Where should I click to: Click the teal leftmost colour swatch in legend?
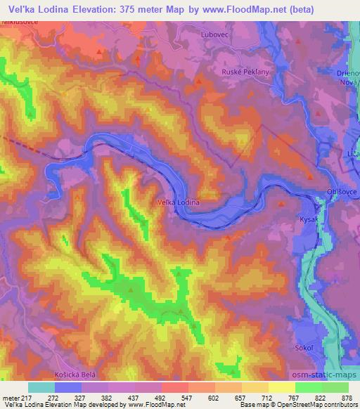pyautogui.click(x=41, y=387)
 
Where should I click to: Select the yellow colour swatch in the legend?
pyautogui.click(x=282, y=387)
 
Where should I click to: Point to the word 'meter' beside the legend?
pyautogui.click(x=10, y=397)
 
